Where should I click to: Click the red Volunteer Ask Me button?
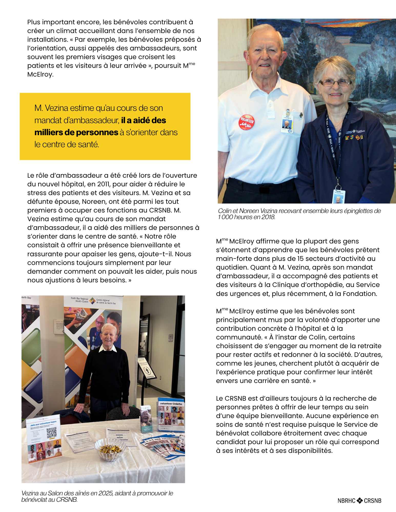coord(246,122)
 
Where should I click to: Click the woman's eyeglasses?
coord(335,82)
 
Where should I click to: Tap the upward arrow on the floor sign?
coord(147,370)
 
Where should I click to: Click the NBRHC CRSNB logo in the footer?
coord(359,500)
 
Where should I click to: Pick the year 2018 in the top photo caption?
coord(268,217)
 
